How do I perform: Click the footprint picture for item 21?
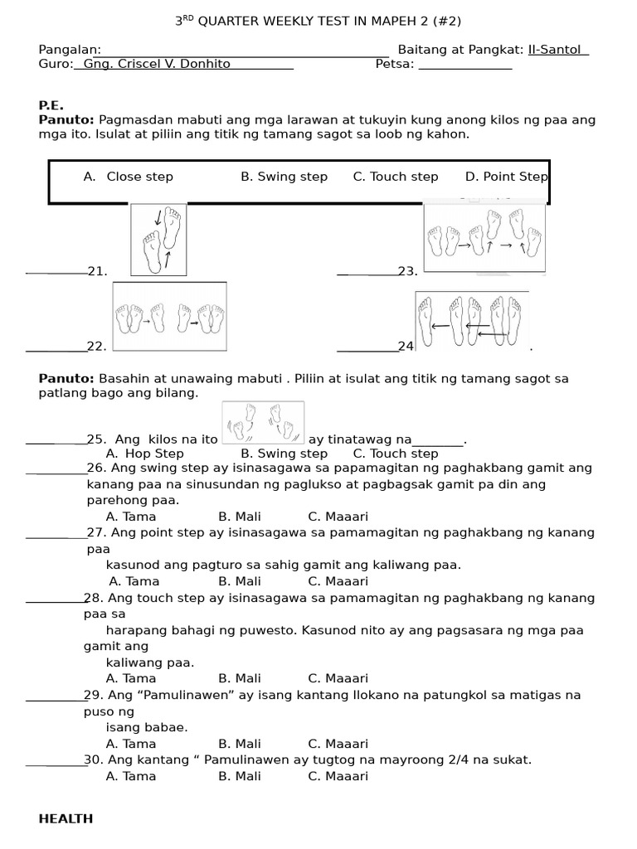[x=158, y=239]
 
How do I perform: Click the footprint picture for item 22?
[x=169, y=317]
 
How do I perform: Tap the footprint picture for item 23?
[x=484, y=237]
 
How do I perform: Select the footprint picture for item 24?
[x=472, y=321]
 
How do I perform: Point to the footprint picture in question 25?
[x=263, y=422]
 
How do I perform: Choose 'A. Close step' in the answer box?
[x=129, y=177]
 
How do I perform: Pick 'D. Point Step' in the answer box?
[x=506, y=177]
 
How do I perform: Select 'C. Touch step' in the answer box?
[x=396, y=177]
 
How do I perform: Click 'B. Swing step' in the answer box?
[x=284, y=177]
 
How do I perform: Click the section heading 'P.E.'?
[x=51, y=105]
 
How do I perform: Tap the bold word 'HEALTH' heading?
[x=66, y=819]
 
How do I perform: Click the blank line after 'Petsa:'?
[x=464, y=65]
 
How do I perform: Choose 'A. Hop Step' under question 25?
[x=145, y=454]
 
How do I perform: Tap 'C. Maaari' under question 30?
[x=338, y=777]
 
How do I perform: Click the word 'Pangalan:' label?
[x=70, y=50]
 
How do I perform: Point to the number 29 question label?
[x=91, y=695]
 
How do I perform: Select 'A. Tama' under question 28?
[x=131, y=678]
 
